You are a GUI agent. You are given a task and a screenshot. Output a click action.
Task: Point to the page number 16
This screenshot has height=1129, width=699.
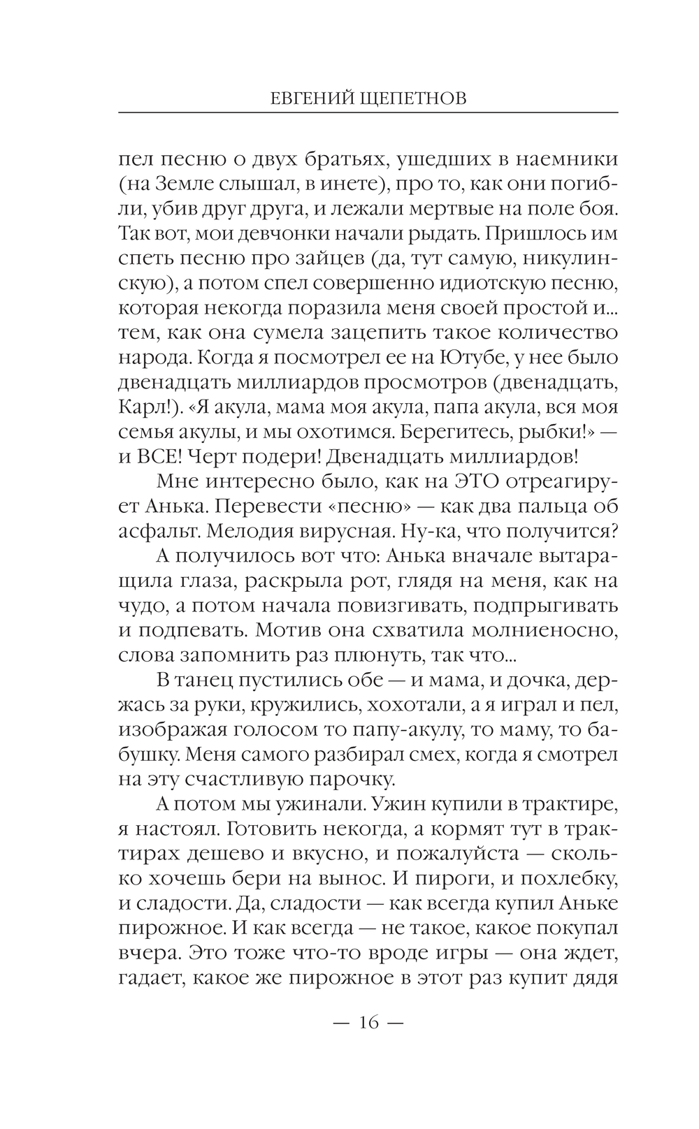click(368, 1023)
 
